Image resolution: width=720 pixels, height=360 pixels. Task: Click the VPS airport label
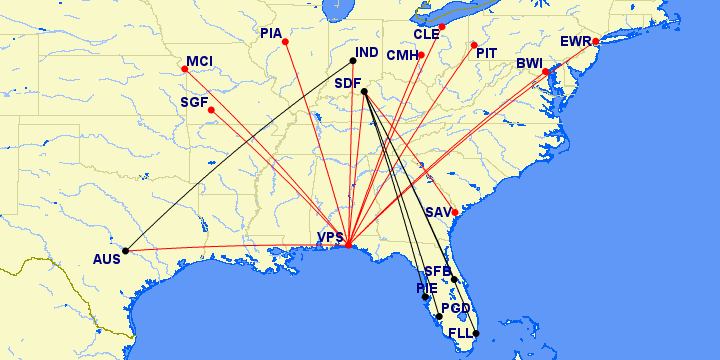(x=330, y=237)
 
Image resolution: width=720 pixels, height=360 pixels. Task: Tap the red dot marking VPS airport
(x=347, y=245)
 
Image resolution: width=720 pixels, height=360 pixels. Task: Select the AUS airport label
(x=106, y=258)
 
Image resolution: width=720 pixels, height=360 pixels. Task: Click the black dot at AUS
(x=125, y=250)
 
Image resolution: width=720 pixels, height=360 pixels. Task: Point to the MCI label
(x=199, y=61)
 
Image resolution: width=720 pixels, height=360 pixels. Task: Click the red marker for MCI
(x=186, y=69)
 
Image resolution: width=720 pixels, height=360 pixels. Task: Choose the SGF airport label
(x=194, y=102)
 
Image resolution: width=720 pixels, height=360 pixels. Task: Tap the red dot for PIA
(x=285, y=41)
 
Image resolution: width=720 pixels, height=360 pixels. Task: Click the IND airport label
(x=368, y=52)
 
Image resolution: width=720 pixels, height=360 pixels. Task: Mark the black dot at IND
(x=353, y=60)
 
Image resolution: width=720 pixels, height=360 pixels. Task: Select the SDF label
(x=348, y=82)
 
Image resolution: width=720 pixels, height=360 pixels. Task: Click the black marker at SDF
(x=364, y=92)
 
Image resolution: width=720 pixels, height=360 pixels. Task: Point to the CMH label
(x=401, y=55)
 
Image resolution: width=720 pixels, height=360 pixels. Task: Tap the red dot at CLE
(x=441, y=27)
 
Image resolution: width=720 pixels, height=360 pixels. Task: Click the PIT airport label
(x=487, y=52)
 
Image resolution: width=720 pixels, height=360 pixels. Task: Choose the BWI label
(x=529, y=63)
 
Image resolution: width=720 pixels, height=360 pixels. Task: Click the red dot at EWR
(x=595, y=41)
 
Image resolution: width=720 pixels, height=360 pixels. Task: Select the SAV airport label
(x=438, y=212)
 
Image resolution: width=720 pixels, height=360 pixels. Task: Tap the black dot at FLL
(x=476, y=333)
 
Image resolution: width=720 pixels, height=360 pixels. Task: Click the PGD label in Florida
(x=455, y=308)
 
